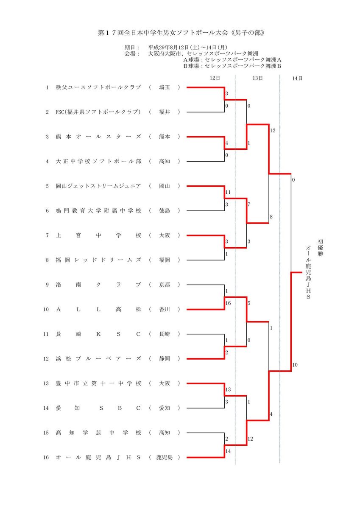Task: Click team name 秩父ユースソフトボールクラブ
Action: [98, 87]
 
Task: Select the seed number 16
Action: [47, 457]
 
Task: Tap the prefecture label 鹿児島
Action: [164, 457]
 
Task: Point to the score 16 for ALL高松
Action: [228, 304]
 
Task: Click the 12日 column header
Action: [215, 78]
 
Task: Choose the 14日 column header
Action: [297, 78]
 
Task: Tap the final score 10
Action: [295, 365]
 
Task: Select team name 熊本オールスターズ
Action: [98, 137]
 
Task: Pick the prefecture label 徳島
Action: [164, 211]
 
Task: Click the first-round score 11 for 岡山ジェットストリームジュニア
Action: [228, 192]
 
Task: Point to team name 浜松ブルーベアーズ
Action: [98, 358]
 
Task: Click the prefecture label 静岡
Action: [164, 358]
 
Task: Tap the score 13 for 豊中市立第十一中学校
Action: [228, 389]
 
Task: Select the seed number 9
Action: [47, 285]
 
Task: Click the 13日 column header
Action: [257, 78]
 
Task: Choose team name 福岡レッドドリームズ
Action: [98, 260]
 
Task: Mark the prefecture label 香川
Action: [164, 309]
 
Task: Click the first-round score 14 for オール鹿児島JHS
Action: [228, 451]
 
